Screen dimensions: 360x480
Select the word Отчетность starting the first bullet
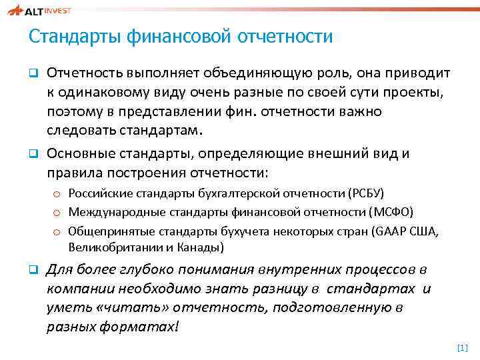coord(83,73)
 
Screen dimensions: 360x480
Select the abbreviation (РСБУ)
coord(365,194)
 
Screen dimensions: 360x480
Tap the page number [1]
coord(462,348)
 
